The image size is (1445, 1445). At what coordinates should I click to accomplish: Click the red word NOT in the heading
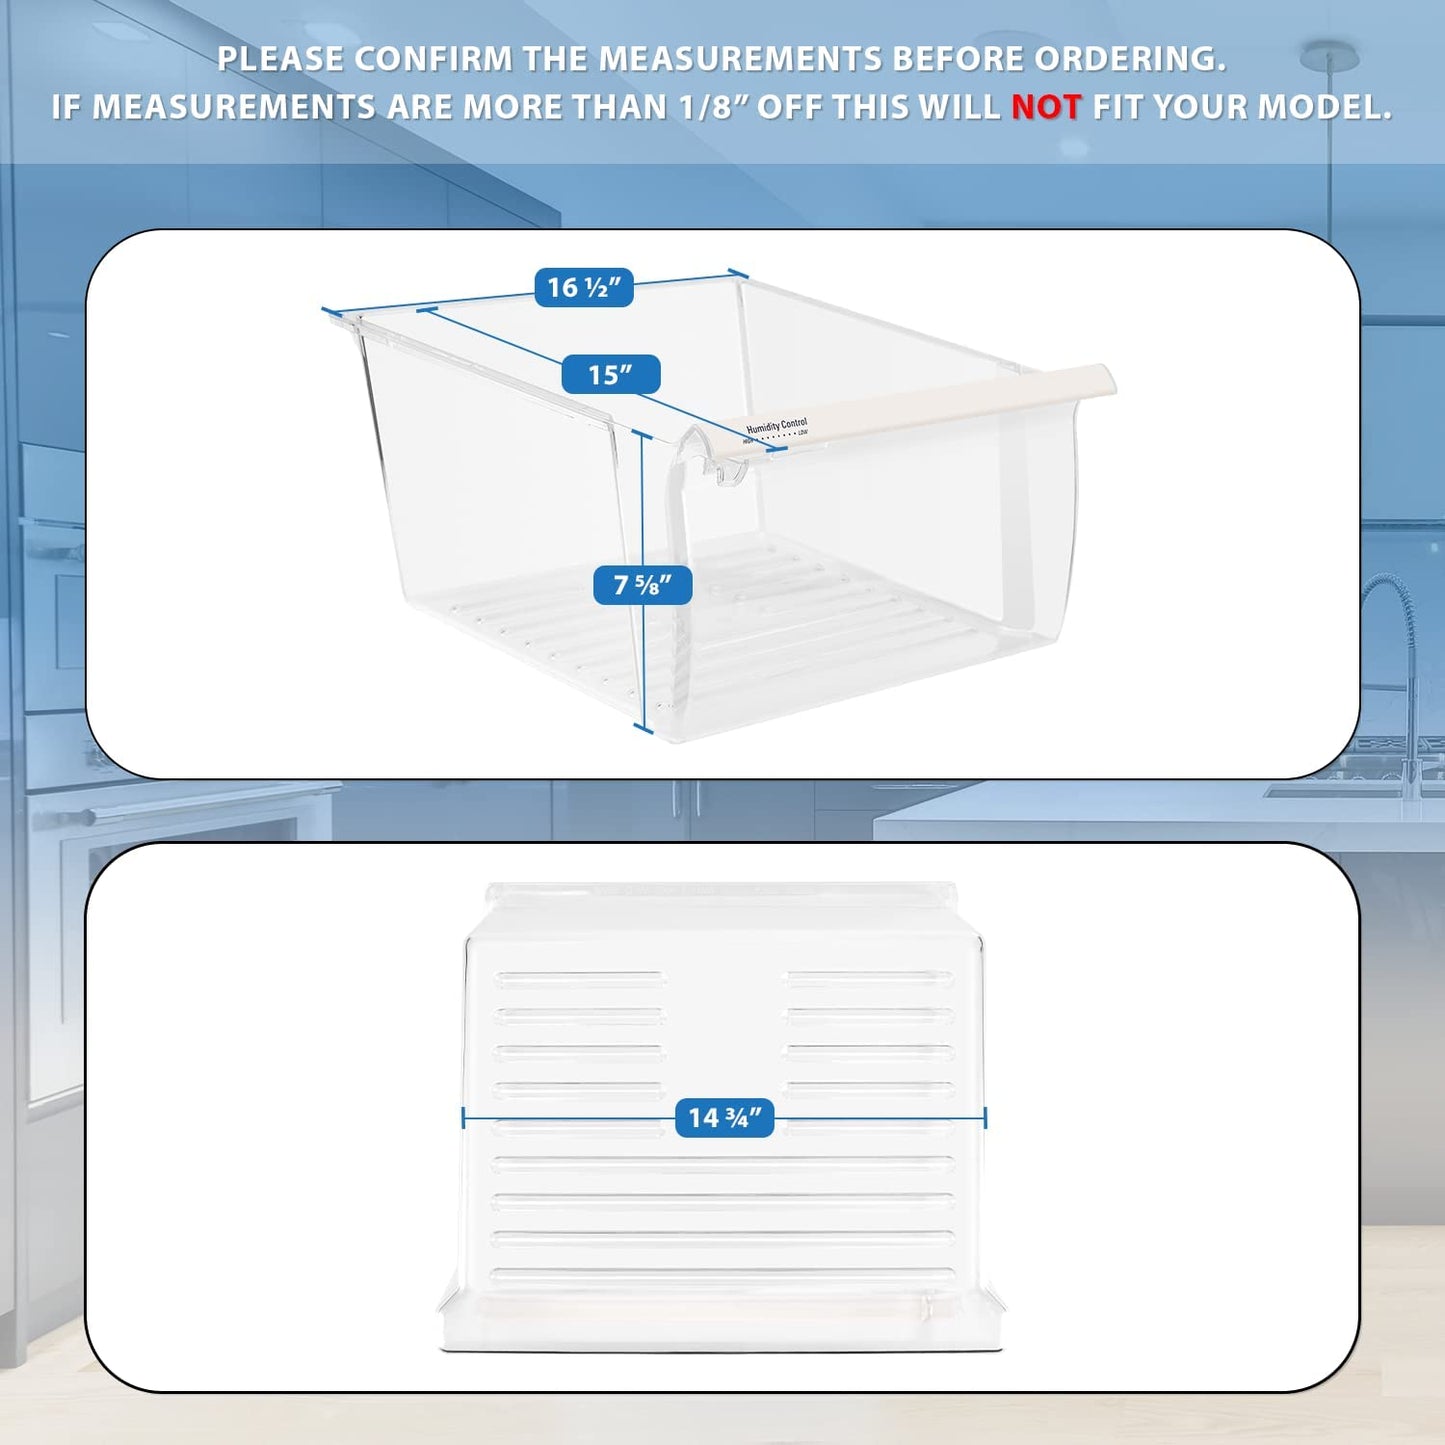(x=1046, y=107)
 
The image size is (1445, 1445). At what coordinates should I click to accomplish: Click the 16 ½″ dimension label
(x=584, y=288)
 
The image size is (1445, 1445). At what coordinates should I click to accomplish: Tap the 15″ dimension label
(x=610, y=375)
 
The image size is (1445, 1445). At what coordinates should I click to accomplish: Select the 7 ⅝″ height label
(x=642, y=585)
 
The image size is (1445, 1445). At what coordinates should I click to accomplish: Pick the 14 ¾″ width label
(x=724, y=1118)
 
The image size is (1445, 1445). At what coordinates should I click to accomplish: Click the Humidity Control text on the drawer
(x=776, y=426)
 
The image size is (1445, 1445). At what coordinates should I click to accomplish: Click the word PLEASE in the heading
(x=281, y=59)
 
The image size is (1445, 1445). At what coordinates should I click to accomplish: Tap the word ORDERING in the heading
(x=1129, y=59)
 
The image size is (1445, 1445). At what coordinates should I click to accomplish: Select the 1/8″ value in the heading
(x=714, y=107)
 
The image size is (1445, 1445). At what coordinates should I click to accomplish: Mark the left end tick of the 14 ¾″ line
(x=464, y=1118)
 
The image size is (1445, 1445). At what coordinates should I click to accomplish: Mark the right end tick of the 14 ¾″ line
(x=985, y=1118)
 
